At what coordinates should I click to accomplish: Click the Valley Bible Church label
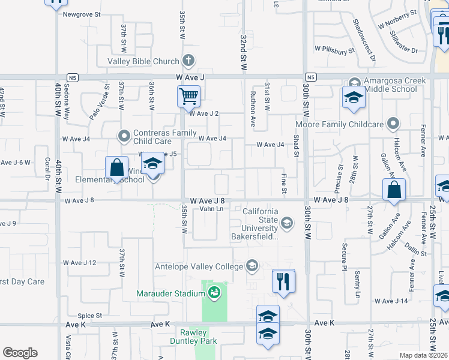(x=143, y=61)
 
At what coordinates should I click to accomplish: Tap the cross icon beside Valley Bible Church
(x=188, y=61)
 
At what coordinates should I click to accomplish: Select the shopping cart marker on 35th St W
(x=188, y=96)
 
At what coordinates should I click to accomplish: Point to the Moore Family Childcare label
(x=339, y=124)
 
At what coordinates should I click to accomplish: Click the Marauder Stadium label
(x=171, y=293)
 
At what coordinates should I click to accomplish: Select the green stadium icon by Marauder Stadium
(x=214, y=293)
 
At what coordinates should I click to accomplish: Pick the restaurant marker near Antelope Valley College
(x=283, y=281)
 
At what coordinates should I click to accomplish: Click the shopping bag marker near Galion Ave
(x=394, y=190)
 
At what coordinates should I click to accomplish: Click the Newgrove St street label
(x=81, y=13)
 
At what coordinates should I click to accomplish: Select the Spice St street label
(x=90, y=315)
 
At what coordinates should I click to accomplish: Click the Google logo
(x=20, y=353)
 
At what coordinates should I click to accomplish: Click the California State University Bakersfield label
(x=261, y=224)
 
